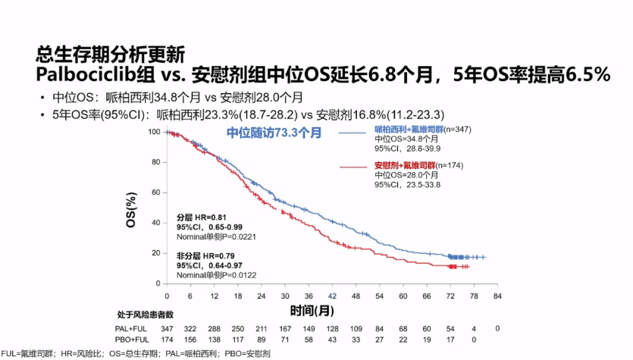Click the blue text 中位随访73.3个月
click(274, 133)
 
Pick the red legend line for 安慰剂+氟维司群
click(355, 166)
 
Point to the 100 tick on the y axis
click(154, 133)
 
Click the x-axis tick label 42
click(332, 296)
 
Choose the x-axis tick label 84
click(497, 296)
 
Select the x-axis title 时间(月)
click(312, 310)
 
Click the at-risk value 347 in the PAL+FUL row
click(167, 328)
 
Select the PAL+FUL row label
click(131, 328)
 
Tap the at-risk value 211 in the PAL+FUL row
click(262, 328)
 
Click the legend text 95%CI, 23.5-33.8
click(408, 183)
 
